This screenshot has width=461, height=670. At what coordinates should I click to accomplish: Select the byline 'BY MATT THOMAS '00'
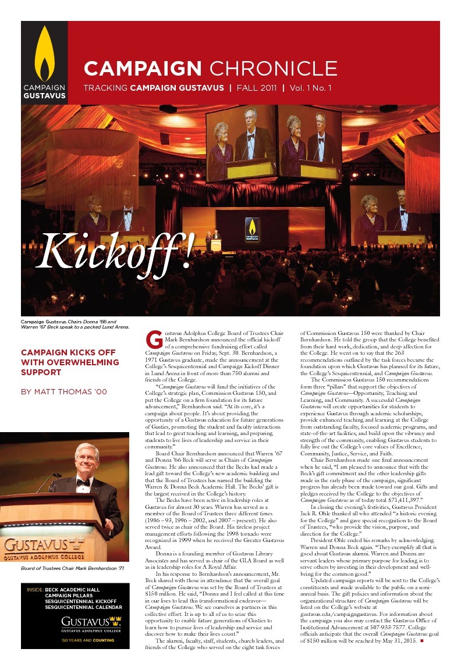(x=64, y=392)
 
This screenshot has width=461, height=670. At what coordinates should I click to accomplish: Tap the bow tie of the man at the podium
(x=83, y=482)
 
